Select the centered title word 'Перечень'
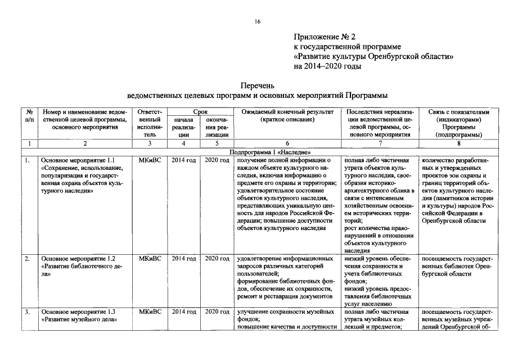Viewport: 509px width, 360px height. pos(257,86)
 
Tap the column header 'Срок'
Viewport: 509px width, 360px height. pos(200,112)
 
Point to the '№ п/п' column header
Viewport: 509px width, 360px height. pos(29,116)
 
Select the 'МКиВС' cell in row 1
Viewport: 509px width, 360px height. pos(150,160)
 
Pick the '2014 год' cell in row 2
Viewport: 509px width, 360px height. pos(183,258)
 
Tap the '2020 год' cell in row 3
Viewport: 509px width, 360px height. pos(217,312)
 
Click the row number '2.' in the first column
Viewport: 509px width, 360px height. pos(27,258)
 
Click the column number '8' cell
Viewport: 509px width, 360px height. pos(458,144)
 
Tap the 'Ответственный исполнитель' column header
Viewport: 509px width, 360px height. pos(150,123)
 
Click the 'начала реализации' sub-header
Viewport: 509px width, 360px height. pos(183,127)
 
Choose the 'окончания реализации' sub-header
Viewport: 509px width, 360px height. pos(217,127)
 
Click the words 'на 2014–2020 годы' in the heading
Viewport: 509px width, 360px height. pos(327,66)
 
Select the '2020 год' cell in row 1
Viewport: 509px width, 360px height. pos(217,160)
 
